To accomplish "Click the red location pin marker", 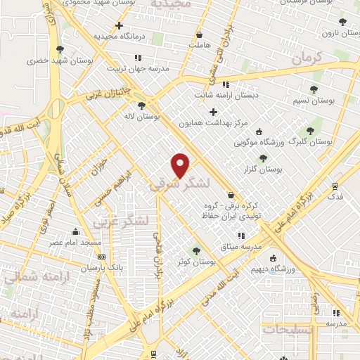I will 181,165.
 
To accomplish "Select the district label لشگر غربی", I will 122,221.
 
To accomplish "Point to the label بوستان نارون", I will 335,33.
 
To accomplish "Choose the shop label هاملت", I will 199,44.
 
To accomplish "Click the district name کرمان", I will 305,58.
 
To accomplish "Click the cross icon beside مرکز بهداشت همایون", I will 213,112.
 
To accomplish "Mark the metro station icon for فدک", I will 335,186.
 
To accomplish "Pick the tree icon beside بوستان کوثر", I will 196,251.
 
